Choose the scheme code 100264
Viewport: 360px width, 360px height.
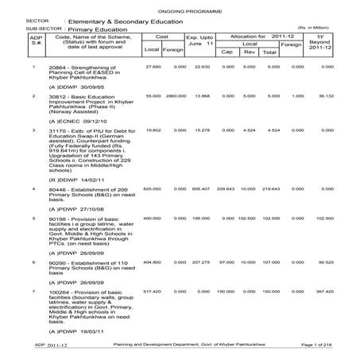tap(59, 292)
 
